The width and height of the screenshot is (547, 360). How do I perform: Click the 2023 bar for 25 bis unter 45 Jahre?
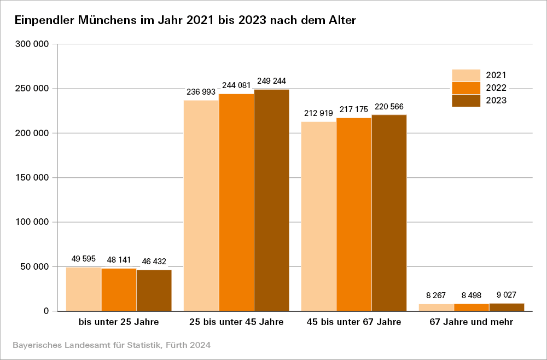(x=271, y=200)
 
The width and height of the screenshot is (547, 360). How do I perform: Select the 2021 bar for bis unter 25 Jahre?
(x=83, y=289)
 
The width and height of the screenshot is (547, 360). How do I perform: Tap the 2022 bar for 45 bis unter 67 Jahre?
(x=353, y=214)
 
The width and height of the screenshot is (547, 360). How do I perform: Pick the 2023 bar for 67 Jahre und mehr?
(x=507, y=307)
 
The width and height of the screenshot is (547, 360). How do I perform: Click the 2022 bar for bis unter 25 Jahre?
(x=119, y=289)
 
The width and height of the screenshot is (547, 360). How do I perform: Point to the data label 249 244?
(x=272, y=81)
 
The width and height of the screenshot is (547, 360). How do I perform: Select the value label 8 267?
(x=436, y=295)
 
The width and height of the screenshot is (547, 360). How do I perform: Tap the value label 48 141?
(x=119, y=260)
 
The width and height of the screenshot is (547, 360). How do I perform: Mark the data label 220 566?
(x=389, y=106)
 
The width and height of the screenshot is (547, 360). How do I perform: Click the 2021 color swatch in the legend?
(x=465, y=76)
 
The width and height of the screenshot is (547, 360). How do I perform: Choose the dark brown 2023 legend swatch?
(x=465, y=101)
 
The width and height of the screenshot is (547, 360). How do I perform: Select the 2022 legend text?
(x=496, y=88)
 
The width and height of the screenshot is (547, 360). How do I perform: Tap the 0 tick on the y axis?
(x=46, y=311)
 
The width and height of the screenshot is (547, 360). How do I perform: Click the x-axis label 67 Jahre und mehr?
(x=471, y=322)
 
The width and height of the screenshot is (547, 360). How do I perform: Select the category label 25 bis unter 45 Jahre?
(x=236, y=322)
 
